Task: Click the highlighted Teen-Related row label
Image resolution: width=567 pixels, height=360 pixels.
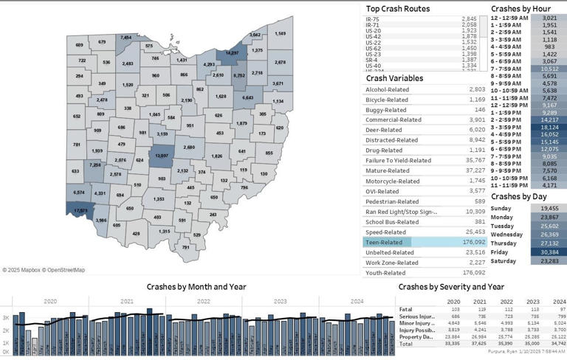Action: click(384, 241)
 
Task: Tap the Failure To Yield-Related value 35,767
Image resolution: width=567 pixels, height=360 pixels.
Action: click(474, 159)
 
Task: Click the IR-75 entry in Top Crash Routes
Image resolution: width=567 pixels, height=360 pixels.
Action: click(373, 18)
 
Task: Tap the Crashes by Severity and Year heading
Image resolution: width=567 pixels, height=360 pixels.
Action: click(451, 286)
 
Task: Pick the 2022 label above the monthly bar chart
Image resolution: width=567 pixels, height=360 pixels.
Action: click(202, 301)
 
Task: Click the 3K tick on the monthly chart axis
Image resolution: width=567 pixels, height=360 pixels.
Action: click(5, 317)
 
